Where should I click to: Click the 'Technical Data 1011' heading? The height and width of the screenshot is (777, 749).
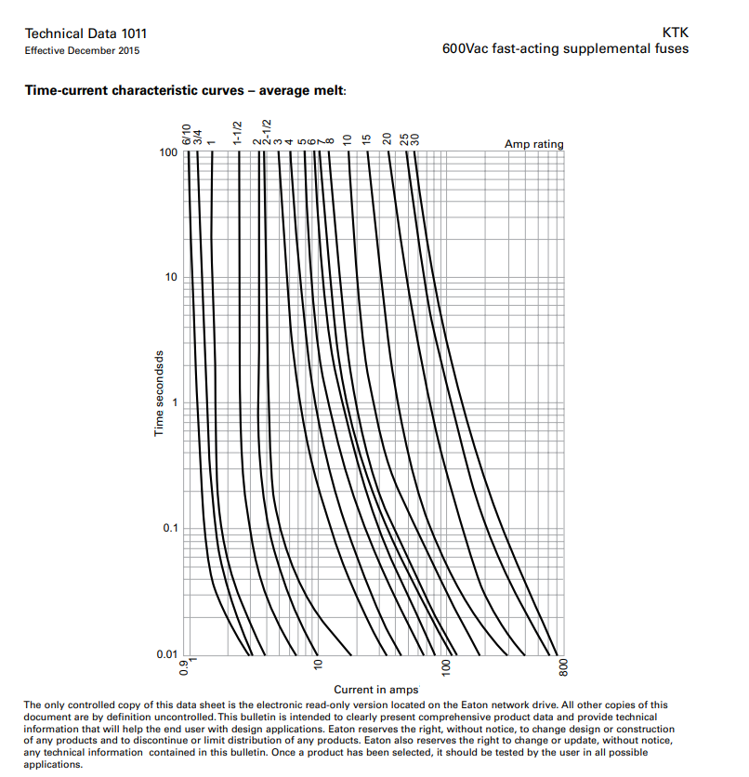pyautogui.click(x=85, y=33)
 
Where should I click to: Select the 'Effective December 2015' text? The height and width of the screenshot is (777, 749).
pyautogui.click(x=83, y=50)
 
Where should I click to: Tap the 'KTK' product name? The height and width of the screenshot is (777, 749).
pyautogui.click(x=676, y=33)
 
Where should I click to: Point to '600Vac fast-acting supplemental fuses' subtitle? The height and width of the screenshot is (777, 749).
pyautogui.click(x=566, y=48)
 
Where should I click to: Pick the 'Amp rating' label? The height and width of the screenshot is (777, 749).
pyautogui.click(x=533, y=144)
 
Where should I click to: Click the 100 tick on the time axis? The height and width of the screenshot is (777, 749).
pyautogui.click(x=168, y=151)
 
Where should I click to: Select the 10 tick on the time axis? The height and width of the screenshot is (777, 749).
pyautogui.click(x=171, y=277)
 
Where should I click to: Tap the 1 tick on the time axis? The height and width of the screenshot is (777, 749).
pyautogui.click(x=174, y=402)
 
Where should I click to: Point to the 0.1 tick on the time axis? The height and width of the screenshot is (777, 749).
pyautogui.click(x=169, y=528)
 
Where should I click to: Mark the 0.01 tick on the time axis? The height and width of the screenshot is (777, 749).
pyautogui.click(x=166, y=653)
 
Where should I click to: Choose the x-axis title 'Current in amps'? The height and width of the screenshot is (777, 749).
pyautogui.click(x=376, y=690)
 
